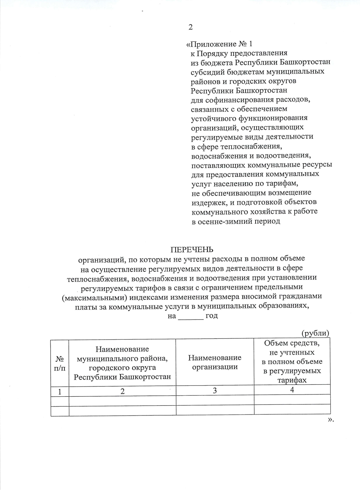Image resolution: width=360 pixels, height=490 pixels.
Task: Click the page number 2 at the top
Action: coord(190,27)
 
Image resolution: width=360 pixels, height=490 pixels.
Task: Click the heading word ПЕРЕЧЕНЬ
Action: coord(192,250)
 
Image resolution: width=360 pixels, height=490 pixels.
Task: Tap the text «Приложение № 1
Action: coord(219,44)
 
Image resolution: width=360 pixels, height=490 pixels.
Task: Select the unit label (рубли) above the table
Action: coord(315,333)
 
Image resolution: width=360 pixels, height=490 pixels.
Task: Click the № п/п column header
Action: coord(60,363)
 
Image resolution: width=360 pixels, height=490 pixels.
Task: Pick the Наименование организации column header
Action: coord(215,362)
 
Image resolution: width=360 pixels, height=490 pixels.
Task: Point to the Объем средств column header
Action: coord(292,361)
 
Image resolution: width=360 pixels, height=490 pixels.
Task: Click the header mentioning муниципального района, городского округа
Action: coord(122,363)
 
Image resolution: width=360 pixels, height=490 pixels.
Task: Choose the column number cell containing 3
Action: coord(215,391)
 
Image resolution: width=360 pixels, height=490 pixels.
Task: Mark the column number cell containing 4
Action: coord(292,390)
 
